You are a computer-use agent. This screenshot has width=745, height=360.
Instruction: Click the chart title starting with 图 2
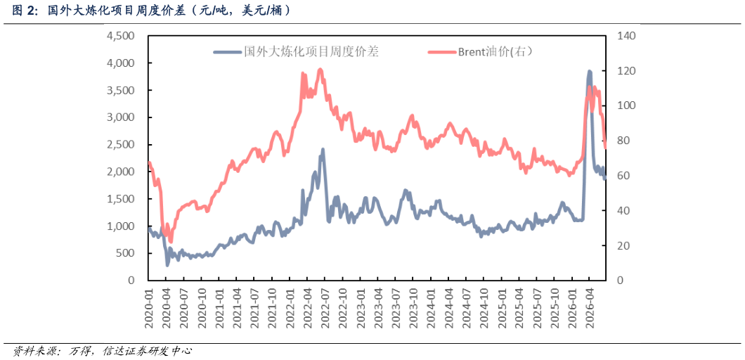point(151,11)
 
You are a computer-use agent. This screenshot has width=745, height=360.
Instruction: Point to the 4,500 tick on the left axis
point(122,36)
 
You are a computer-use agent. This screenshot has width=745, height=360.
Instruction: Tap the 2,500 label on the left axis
point(122,145)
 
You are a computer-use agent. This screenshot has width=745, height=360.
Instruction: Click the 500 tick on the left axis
point(127,253)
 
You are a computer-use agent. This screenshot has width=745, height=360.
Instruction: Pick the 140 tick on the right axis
point(626,36)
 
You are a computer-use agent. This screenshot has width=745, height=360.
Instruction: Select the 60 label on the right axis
point(623,176)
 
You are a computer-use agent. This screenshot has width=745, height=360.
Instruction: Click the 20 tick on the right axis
point(623,245)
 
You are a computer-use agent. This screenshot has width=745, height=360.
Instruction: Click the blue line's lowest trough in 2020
point(167,264)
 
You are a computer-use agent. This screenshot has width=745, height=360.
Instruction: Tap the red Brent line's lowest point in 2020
point(171,241)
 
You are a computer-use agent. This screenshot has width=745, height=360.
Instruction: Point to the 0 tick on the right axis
point(621,281)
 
